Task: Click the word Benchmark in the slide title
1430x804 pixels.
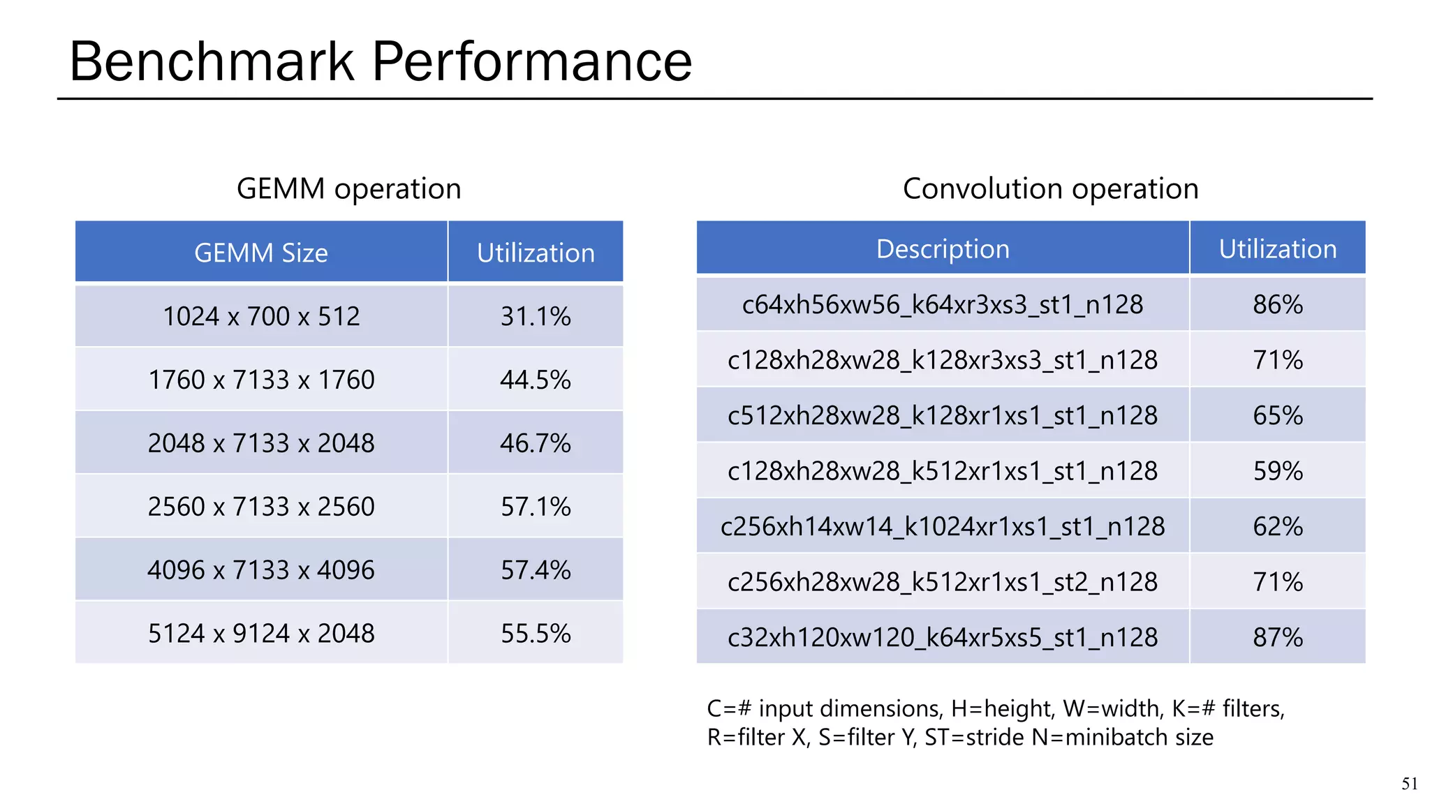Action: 212,61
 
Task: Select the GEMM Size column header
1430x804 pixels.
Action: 261,253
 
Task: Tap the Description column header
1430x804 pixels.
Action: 943,249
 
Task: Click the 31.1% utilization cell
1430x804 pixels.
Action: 536,317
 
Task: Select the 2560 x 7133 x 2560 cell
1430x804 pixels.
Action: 261,507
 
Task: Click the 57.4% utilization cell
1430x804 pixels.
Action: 536,570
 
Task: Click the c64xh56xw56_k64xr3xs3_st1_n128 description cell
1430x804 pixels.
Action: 943,305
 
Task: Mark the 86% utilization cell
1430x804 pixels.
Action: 1278,305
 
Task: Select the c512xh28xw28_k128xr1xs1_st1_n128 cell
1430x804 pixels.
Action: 943,416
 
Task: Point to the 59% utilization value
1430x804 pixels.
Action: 1278,471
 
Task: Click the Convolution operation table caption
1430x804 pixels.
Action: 1050,189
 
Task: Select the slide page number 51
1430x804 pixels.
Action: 1409,784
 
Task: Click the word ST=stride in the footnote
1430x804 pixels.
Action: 975,738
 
